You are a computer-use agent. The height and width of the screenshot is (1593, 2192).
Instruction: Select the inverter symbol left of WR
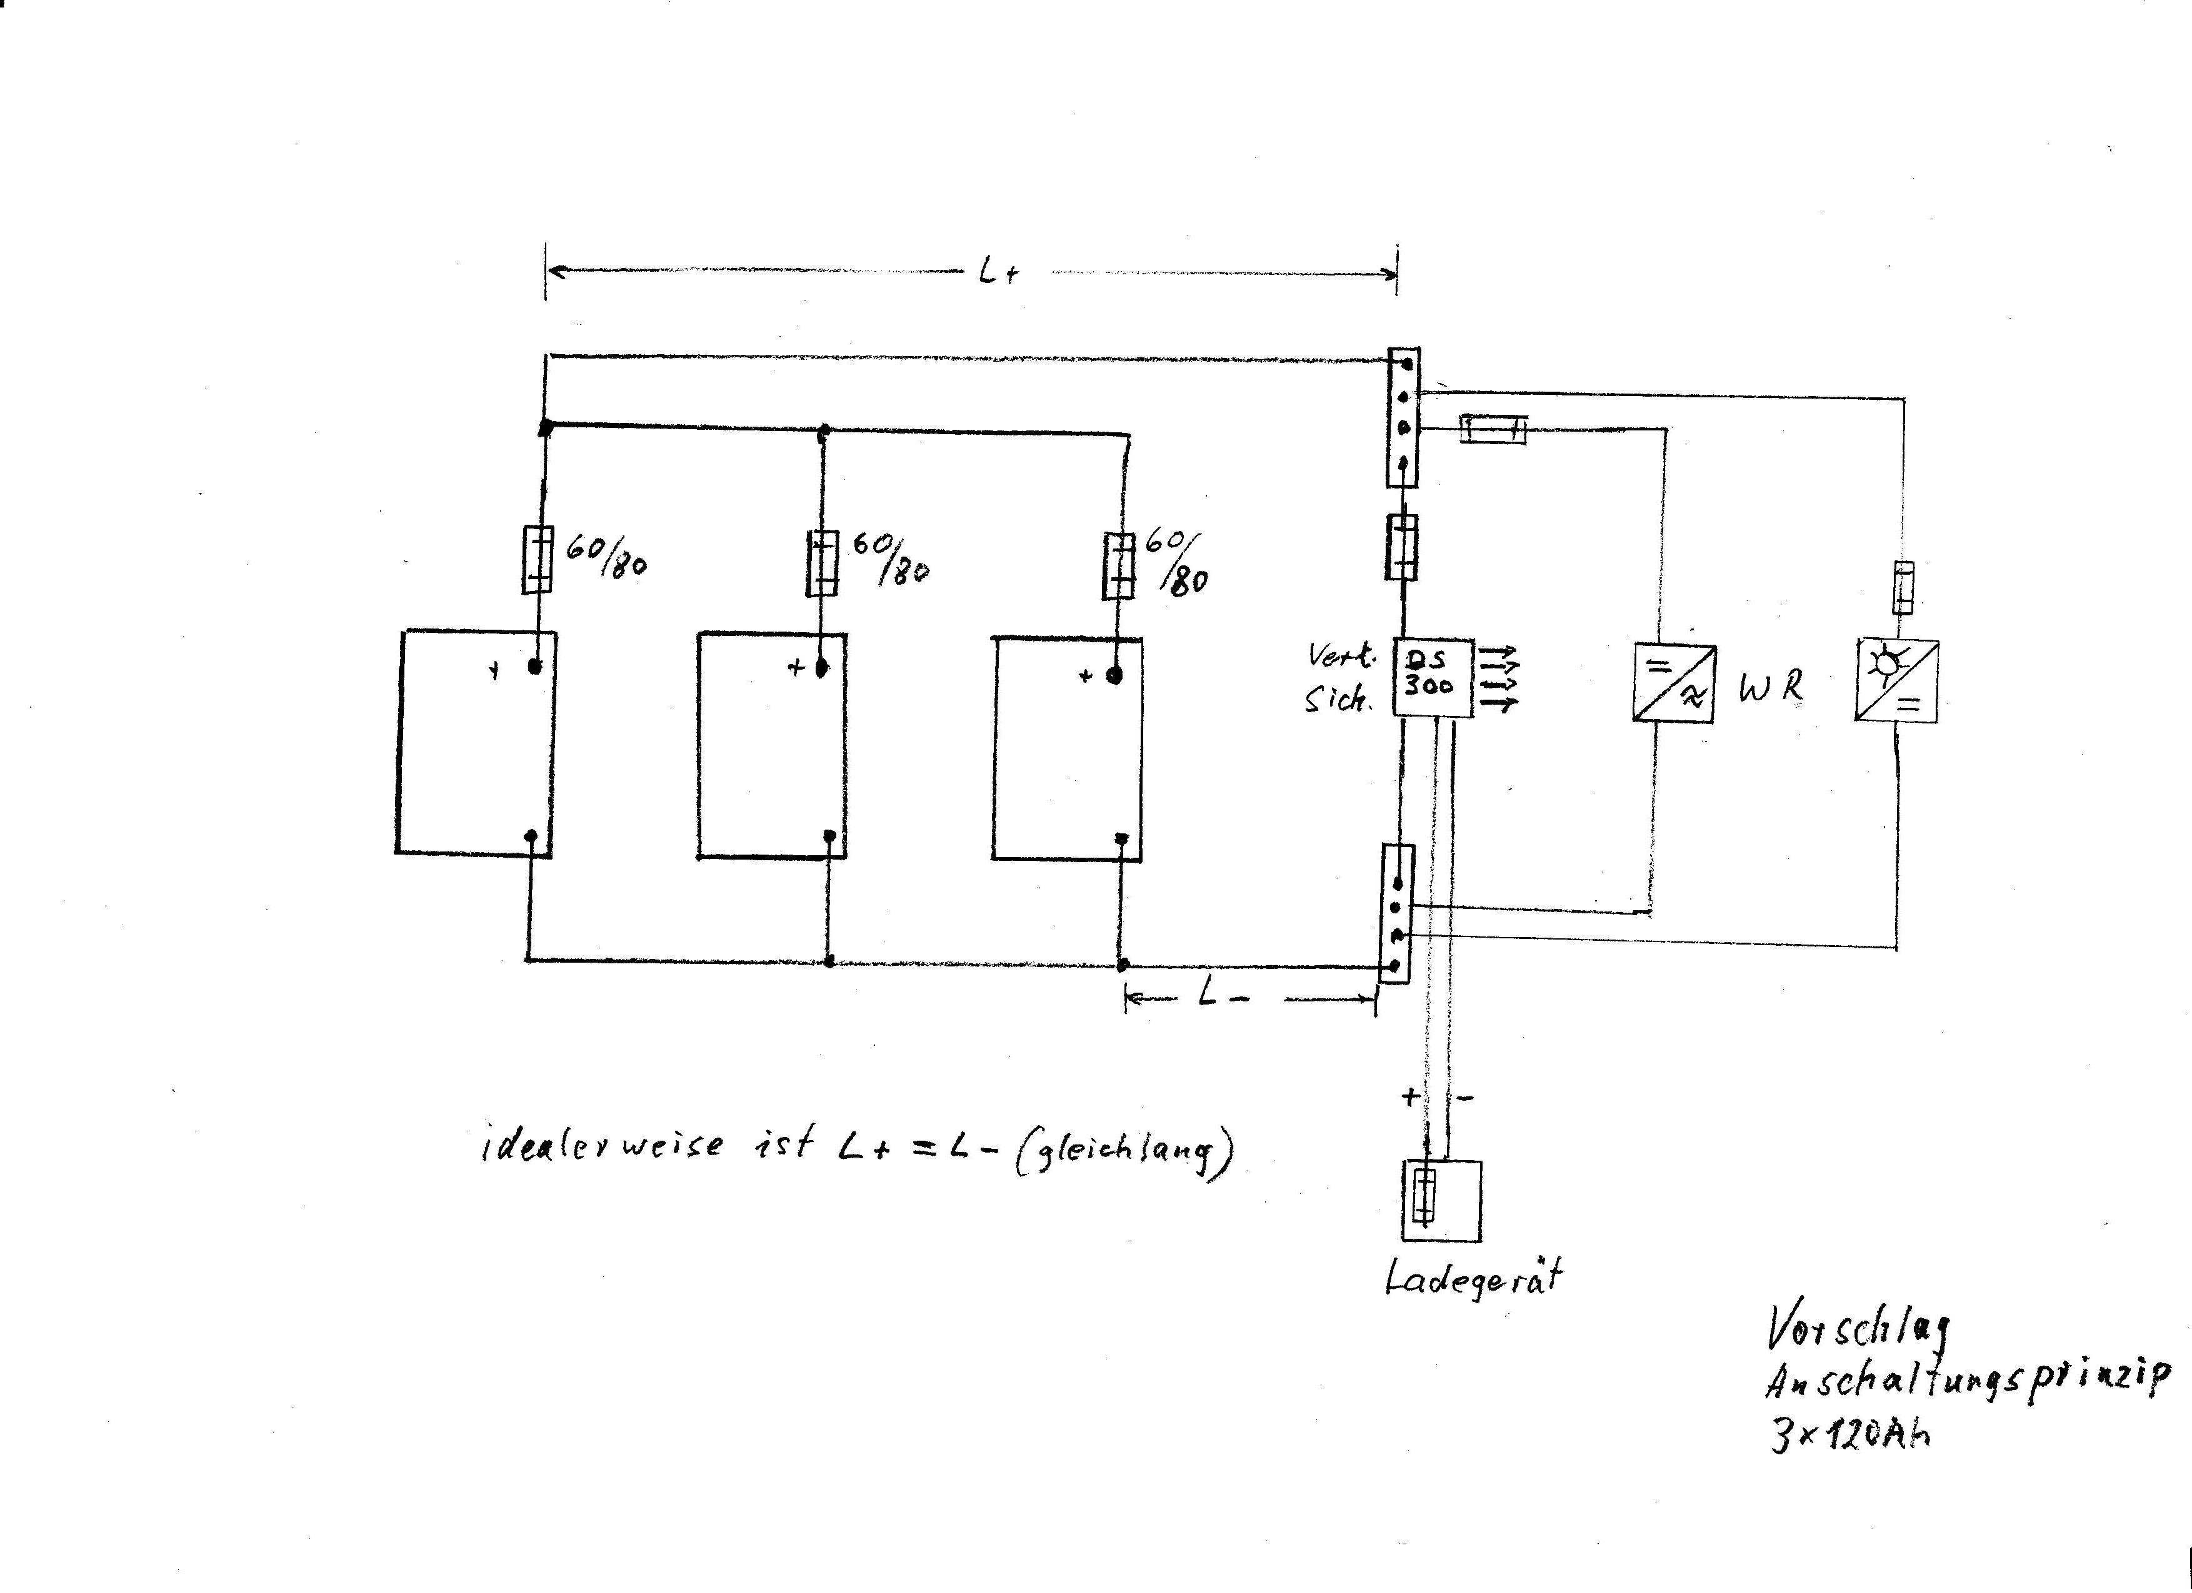pyautogui.click(x=1674, y=683)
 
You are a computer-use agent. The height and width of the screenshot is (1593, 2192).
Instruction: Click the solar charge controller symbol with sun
pyautogui.click(x=1895, y=680)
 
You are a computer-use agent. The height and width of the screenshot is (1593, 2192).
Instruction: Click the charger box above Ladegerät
pyautogui.click(x=1441, y=1201)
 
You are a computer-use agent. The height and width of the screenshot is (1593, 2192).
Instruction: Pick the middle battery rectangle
pyautogui.click(x=772, y=745)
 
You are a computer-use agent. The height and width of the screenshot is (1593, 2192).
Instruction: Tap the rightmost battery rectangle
pyautogui.click(x=1067, y=748)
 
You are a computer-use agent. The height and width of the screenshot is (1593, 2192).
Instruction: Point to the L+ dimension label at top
pyautogui.click(x=998, y=274)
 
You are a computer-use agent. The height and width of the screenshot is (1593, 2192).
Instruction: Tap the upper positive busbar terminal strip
pyautogui.click(x=1403, y=417)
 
